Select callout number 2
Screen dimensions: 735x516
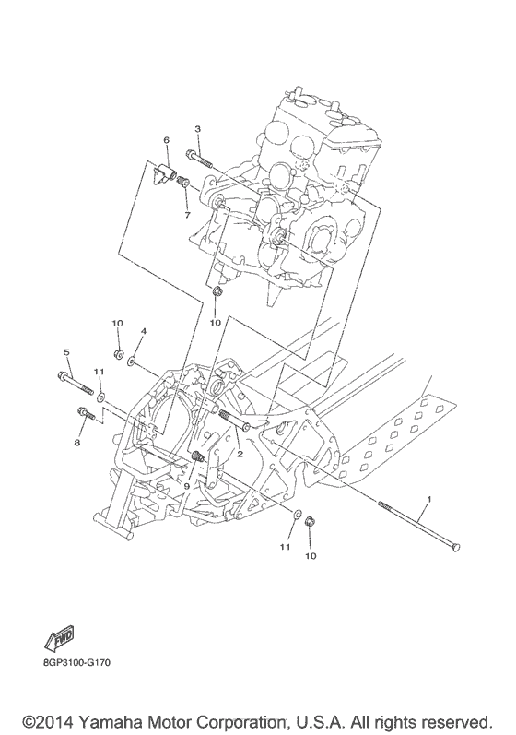tap(240, 452)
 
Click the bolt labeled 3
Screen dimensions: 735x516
tap(202, 159)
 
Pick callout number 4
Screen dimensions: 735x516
tap(143, 330)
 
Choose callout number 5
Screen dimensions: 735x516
tap(67, 351)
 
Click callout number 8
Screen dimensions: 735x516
tap(77, 443)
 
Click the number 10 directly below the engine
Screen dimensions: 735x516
tap(215, 323)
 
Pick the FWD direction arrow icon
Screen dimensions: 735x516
tap(60, 637)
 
